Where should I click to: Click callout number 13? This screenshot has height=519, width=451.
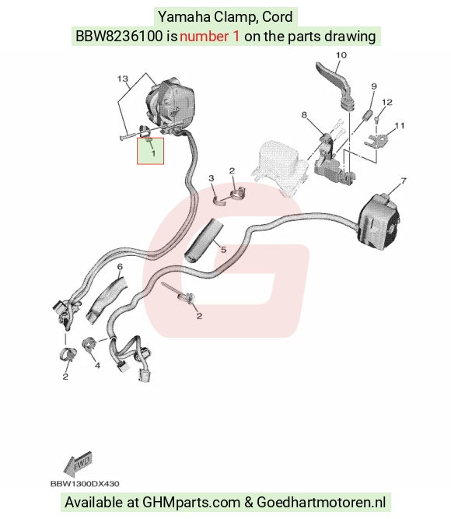[122, 79]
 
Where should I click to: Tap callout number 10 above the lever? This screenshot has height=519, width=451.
[341, 55]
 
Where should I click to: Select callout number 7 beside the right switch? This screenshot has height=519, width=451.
[403, 181]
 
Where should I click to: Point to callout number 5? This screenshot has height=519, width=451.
[224, 249]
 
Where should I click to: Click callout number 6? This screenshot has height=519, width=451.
[120, 266]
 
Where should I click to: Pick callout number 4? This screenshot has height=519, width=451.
[97, 366]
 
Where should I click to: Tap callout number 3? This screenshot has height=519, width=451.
[212, 178]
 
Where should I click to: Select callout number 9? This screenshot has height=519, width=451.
[374, 86]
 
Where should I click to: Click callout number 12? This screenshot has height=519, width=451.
[386, 102]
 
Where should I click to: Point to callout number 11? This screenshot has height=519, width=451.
[400, 126]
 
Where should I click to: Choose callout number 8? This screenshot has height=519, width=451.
[304, 115]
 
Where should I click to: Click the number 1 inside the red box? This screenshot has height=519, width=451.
[153, 153]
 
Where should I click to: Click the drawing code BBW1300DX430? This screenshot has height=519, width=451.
[85, 484]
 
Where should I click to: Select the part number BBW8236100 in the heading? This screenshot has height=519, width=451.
[119, 36]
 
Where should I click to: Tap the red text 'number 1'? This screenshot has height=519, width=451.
[209, 36]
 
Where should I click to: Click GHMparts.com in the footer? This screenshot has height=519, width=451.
[191, 503]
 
